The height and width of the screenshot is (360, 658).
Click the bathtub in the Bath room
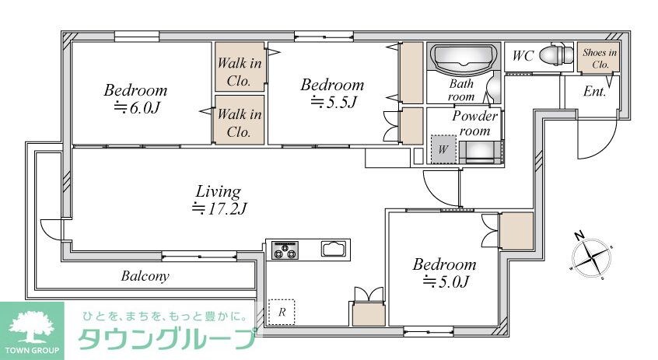tap(464, 59)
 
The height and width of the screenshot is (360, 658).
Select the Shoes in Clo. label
tap(600, 58)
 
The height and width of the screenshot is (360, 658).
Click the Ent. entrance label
tap(595, 91)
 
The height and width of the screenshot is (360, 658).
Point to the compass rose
tap(592, 255)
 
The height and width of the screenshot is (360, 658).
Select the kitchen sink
tap(335, 250)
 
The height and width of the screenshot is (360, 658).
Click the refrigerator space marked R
tap(282, 312)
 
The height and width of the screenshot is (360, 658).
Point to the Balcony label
tap(145, 276)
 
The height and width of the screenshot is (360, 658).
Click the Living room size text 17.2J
tap(219, 208)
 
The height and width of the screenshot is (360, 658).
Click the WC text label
tap(522, 56)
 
